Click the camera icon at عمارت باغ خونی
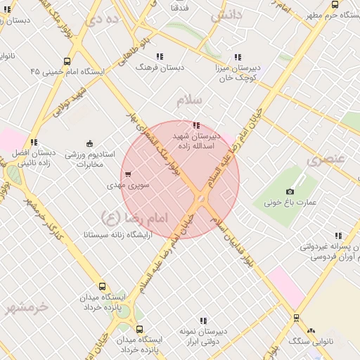pyautogui.click(x=290, y=191)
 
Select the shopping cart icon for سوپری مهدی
pyautogui.click(x=127, y=174)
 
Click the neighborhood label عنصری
pyautogui.click(x=326, y=160)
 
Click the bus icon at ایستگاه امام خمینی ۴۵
pyautogui.click(x=67, y=61)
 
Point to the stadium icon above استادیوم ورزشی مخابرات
pyautogui.click(x=89, y=143)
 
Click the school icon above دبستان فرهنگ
pyautogui.click(x=160, y=56)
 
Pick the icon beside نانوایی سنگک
pyautogui.click(x=311, y=330)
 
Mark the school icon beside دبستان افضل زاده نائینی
pyautogui.click(x=34, y=142)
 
